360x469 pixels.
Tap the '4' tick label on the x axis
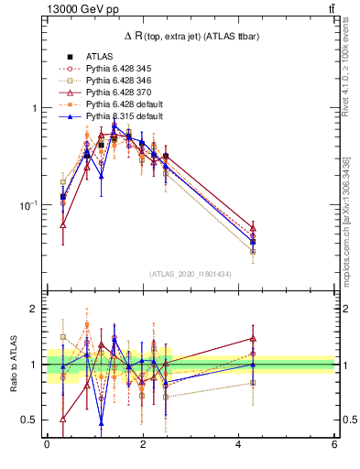tap(239, 445)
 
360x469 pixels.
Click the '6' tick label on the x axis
tap(335, 445)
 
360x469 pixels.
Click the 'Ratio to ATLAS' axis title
tap(13, 364)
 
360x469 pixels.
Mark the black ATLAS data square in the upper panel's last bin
tap(253, 242)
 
